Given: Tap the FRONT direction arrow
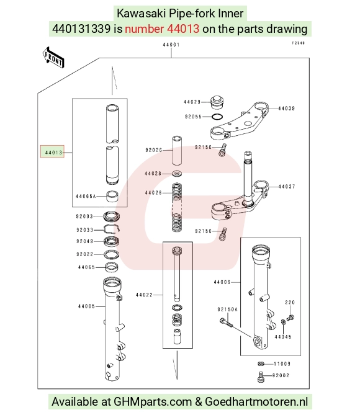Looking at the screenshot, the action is point(53,57).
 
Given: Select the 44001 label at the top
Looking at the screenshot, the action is point(171,45).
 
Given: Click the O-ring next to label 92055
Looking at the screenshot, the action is point(217,117).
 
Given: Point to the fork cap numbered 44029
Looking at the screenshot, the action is point(217,102).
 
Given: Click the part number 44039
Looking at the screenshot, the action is point(286,109).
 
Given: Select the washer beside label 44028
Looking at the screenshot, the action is point(177,174).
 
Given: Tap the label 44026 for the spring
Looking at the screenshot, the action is point(153,193).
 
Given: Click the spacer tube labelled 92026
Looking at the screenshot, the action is point(177,150).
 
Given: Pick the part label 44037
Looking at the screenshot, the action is point(287,187).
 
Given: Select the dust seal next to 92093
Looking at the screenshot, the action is point(112,216).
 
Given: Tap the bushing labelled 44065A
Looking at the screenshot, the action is point(112,196).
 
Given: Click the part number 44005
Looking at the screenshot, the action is point(86,306).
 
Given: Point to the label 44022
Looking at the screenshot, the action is point(144,295).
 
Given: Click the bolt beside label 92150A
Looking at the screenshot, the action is point(226,323).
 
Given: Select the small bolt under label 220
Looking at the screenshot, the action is point(290,317).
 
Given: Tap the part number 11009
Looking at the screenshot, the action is point(282,364).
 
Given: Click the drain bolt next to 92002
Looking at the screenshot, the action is point(261,377).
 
